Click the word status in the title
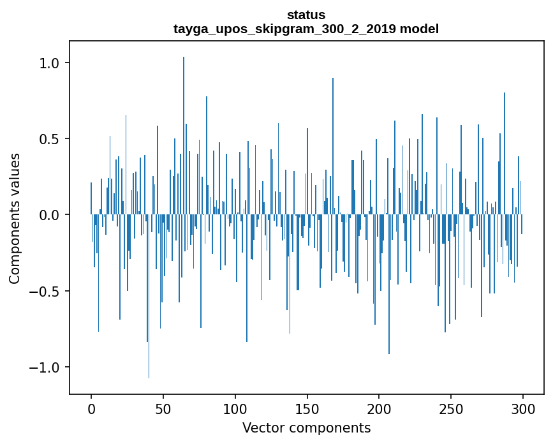point(306,15)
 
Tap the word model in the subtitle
point(419,29)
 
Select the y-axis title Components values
point(15,218)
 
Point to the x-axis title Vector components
point(306,427)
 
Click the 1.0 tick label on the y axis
point(49,63)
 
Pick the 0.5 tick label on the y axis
point(49,139)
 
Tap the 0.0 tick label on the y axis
point(49,215)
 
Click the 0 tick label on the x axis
point(91,408)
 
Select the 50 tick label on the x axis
point(163,408)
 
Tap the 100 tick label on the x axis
point(235,408)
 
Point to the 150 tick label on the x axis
point(307,408)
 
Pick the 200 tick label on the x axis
point(379,408)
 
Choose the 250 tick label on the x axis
point(451,408)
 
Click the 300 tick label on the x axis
point(522,408)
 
